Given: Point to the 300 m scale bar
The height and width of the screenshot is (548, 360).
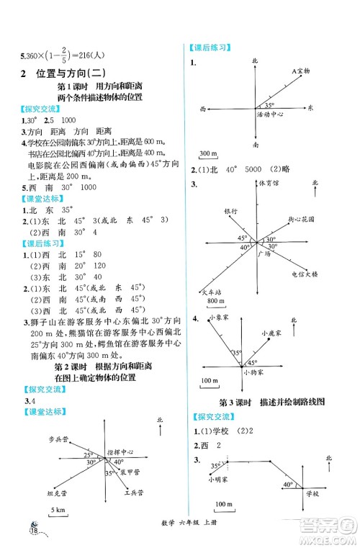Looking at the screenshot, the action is click(x=209, y=155).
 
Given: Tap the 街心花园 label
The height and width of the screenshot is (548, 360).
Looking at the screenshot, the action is click(x=300, y=217).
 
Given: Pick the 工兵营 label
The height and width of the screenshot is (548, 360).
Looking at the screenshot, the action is click(x=133, y=493).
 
